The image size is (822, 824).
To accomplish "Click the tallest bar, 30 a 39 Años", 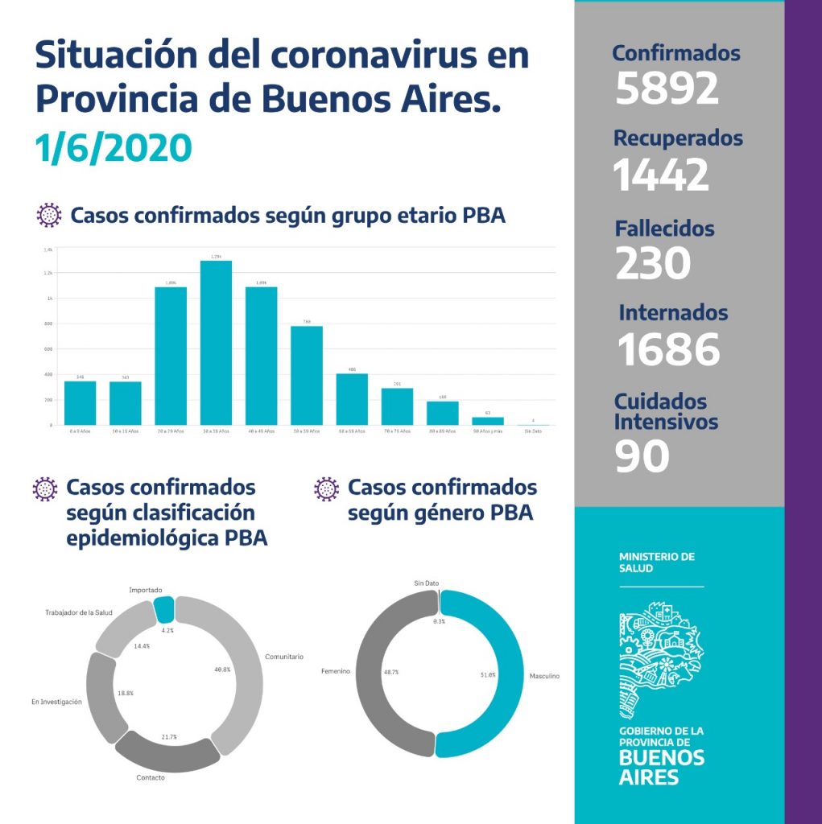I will [x=216, y=342].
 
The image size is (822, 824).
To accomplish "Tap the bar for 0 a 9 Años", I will [x=80, y=402].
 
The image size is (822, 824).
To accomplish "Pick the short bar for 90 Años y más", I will [x=487, y=420].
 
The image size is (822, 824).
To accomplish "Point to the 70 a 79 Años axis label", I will [x=397, y=432].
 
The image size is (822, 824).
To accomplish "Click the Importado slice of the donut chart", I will [x=164, y=608].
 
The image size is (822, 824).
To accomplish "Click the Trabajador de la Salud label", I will [x=78, y=613].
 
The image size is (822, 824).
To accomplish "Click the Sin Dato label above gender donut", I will [x=427, y=583].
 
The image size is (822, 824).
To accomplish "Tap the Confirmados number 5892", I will [x=667, y=89].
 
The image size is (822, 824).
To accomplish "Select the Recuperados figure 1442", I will [x=661, y=175].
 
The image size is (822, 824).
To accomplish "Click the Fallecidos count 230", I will [x=653, y=263].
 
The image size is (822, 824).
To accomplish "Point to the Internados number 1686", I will [x=668, y=349].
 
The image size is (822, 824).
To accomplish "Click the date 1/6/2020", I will [x=114, y=148].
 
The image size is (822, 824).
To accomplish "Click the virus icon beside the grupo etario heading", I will [x=50, y=216].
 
